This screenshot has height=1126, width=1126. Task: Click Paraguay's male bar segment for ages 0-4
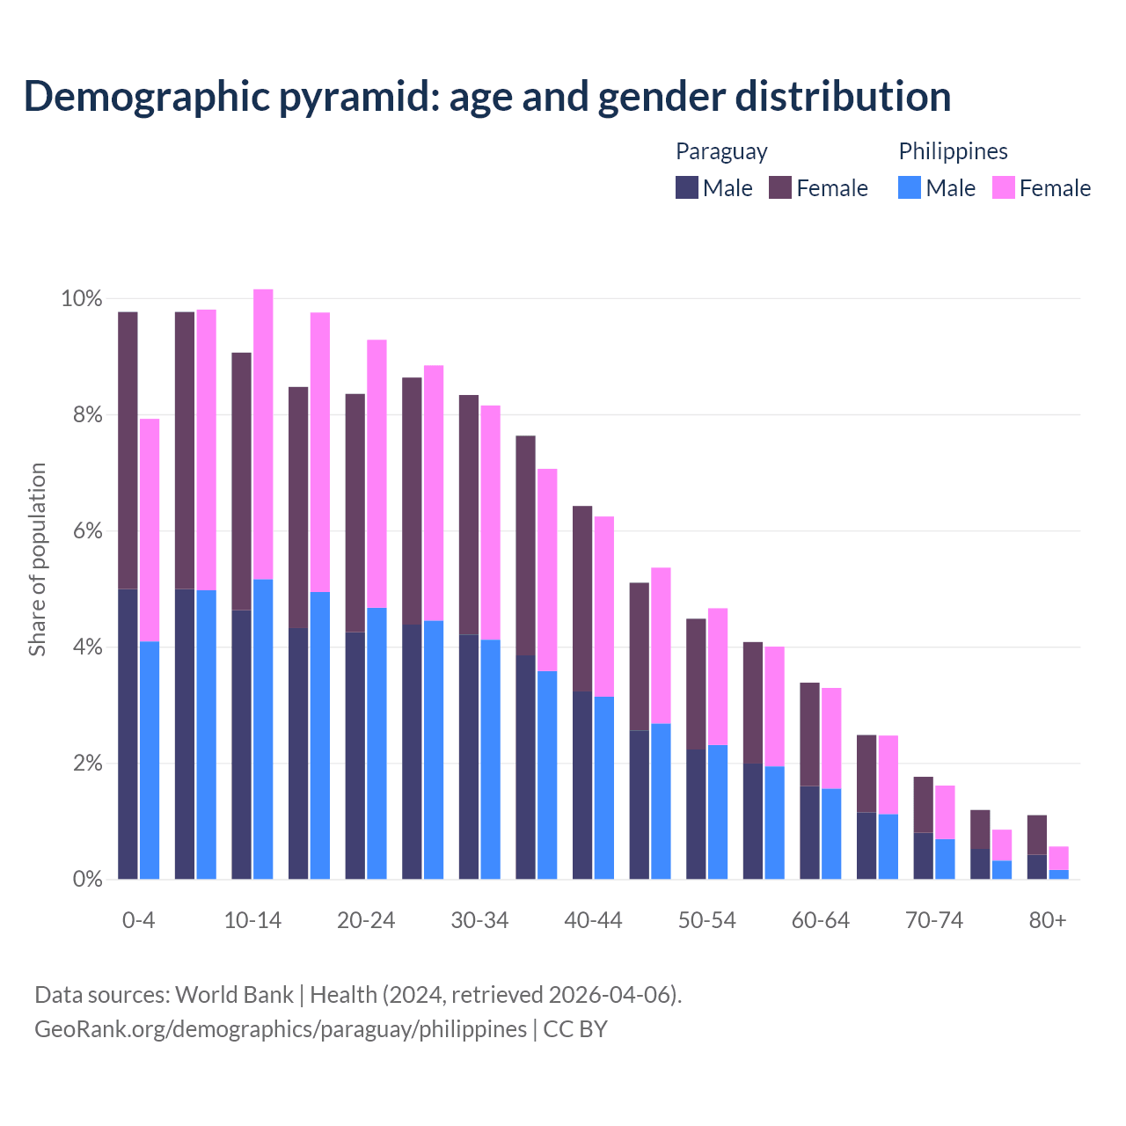point(128,734)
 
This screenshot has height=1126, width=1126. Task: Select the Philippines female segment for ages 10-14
point(263,434)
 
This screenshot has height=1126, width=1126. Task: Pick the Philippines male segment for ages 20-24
point(377,743)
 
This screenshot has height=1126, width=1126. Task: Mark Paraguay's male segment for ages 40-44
point(582,785)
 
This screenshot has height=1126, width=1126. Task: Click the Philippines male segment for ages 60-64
point(831,834)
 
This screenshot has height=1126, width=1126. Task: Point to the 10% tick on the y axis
point(82,299)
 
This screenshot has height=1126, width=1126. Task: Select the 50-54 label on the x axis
point(707,921)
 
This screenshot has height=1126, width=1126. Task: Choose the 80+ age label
point(1048,921)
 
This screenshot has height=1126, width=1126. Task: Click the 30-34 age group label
point(479,921)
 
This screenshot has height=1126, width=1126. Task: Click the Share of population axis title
point(38,559)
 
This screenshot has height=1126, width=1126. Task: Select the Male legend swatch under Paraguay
point(687,187)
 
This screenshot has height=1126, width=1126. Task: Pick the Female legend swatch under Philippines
point(1004,187)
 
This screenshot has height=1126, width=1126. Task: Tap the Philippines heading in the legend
point(953,151)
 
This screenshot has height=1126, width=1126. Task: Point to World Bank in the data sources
point(234,995)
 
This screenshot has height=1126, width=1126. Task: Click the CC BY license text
point(575,1029)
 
